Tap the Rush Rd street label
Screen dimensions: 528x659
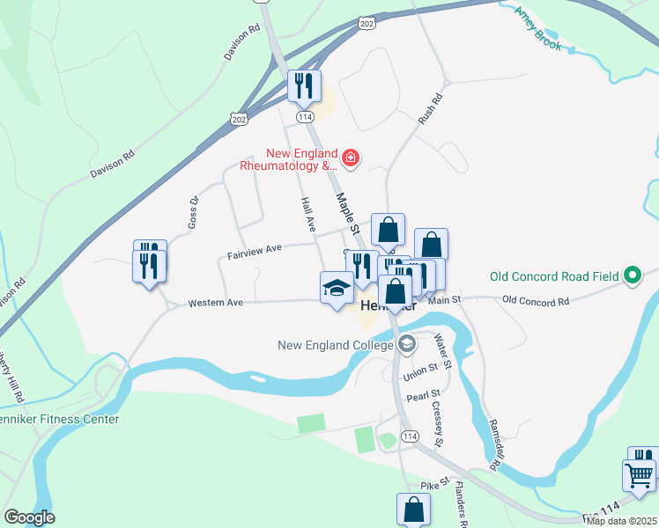pos(429,108)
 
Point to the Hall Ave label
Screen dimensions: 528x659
pos(308,214)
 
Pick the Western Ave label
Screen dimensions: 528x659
pos(215,304)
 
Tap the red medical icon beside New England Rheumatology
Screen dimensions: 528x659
pos(352,158)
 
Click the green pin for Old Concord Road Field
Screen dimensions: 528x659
pos(632,276)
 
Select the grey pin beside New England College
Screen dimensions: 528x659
pos(406,344)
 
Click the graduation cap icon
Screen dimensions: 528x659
pos(336,288)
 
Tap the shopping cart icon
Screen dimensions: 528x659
pos(639,475)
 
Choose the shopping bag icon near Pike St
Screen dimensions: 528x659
pos(413,509)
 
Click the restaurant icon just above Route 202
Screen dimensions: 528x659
pos(304,85)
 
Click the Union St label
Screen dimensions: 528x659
pos(420,372)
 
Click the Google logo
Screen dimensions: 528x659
pos(29,517)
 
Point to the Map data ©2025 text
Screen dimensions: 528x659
pos(622,521)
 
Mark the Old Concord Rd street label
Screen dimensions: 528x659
pos(536,300)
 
